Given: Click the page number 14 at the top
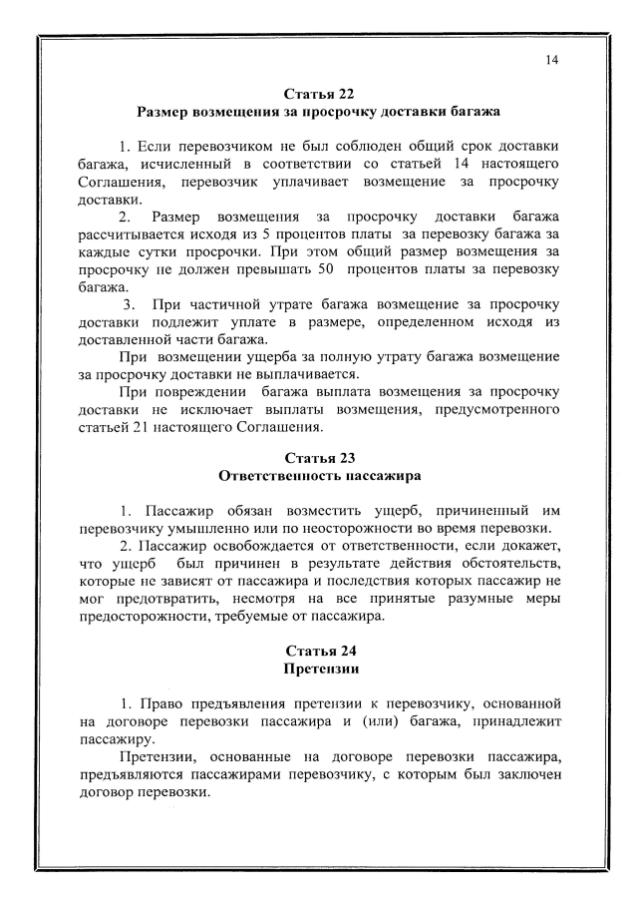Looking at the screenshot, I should click(x=551, y=60).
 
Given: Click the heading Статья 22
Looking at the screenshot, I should click(x=319, y=95).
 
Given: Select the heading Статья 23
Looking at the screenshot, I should click(x=319, y=459).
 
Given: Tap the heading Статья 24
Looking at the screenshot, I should click(x=319, y=654).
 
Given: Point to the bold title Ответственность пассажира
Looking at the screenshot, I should click(x=319, y=477).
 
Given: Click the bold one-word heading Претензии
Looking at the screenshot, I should click(x=319, y=672).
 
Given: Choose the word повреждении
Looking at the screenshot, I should click(x=198, y=393).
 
